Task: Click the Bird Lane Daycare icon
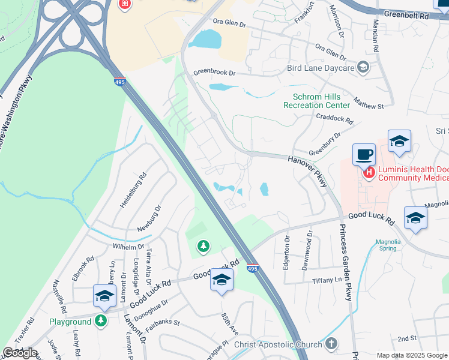click(363, 67)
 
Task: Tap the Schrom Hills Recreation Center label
click(316, 101)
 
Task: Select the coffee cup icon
click(363, 154)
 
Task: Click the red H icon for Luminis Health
click(369, 173)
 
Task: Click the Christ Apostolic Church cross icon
click(331, 344)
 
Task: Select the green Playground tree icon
click(101, 322)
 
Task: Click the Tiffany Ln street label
click(327, 280)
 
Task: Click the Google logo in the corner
click(20, 352)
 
